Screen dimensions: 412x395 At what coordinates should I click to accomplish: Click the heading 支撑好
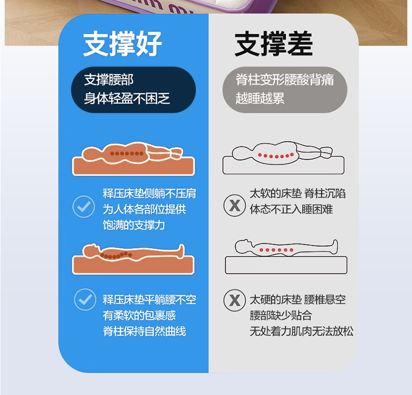pos(122,44)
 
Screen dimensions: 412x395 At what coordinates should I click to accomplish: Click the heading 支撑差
pos(273,44)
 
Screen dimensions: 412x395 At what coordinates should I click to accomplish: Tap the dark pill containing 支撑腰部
pos(134,90)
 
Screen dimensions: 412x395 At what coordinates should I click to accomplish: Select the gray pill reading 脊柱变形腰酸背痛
pos(285,90)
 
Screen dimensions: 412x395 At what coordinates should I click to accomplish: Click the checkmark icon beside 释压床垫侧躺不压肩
pos(83,207)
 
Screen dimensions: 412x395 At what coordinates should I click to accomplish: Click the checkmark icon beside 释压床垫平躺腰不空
pos(85,300)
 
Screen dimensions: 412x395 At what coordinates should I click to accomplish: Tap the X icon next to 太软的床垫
pos(235,205)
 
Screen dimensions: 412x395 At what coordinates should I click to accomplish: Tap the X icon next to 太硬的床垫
pos(235,300)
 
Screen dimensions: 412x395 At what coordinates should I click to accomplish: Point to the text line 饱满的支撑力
pos(134,225)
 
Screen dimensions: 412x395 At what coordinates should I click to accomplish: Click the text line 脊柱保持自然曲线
pos(144,332)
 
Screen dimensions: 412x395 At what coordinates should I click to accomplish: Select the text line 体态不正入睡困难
pos(291,209)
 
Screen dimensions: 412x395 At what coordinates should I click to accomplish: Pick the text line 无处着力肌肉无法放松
pos(301,332)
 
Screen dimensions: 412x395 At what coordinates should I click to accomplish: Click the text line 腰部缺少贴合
pos(281,315)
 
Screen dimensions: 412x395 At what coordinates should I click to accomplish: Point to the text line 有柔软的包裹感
pos(139,315)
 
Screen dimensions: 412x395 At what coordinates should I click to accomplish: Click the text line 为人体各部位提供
pos(144,209)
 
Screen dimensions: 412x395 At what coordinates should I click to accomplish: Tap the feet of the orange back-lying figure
pos(181,250)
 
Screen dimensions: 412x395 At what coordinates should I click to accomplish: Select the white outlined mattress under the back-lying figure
pos(286,265)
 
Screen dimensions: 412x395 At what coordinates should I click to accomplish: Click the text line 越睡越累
pos(260,98)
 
